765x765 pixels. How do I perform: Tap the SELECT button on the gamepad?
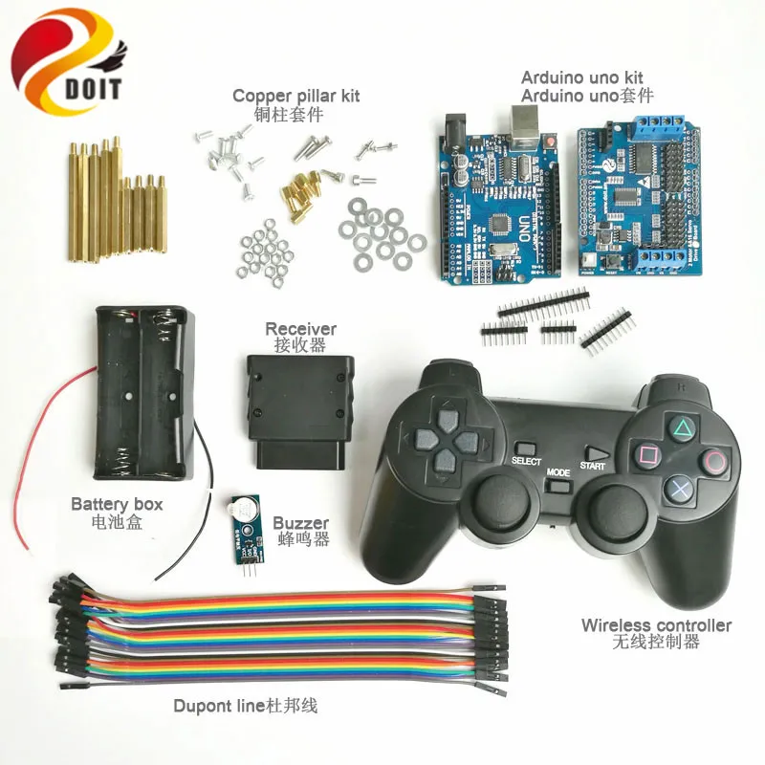[x=525, y=448]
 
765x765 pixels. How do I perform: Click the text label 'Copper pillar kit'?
[x=295, y=97]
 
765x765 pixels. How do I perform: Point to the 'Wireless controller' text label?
[x=656, y=625]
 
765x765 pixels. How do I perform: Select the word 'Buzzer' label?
[x=300, y=523]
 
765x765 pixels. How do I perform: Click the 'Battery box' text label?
[x=117, y=504]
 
